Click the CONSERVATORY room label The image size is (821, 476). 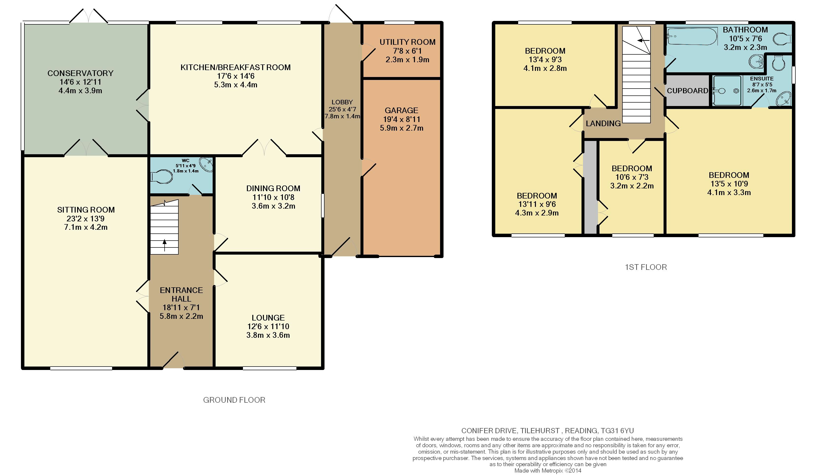point(81,73)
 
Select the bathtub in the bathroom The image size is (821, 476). point(692,36)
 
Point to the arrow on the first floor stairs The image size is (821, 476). point(643,41)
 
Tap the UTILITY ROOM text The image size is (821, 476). point(408,42)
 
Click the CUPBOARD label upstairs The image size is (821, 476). point(687,91)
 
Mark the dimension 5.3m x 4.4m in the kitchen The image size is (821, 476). point(236,85)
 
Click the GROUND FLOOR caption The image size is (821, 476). point(234,400)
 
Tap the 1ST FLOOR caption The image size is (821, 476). point(646,267)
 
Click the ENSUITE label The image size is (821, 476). point(762,79)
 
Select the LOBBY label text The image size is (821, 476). point(342,102)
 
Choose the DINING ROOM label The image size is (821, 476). point(273,188)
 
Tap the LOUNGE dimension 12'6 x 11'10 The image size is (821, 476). point(268,326)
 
